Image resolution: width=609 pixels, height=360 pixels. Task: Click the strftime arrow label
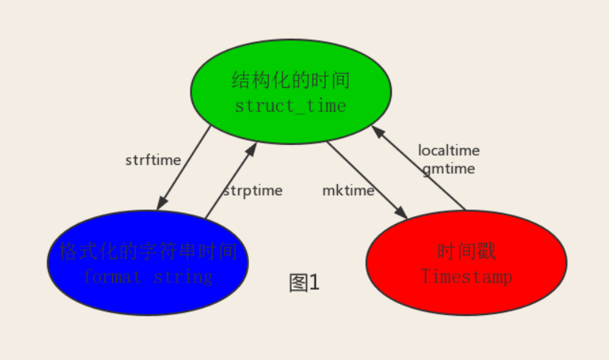pyautogui.click(x=153, y=160)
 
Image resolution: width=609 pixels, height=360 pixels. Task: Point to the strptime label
pyautogui.click(x=252, y=191)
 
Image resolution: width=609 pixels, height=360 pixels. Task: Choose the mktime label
pyautogui.click(x=349, y=191)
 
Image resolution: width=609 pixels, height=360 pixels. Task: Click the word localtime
pyautogui.click(x=449, y=150)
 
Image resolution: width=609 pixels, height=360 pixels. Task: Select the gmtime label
pyautogui.click(x=449, y=169)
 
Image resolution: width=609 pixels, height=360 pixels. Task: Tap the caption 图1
pyautogui.click(x=305, y=283)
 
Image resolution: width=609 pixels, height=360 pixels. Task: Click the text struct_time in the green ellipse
pyautogui.click(x=291, y=106)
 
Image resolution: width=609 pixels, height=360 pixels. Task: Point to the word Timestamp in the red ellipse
pyautogui.click(x=466, y=276)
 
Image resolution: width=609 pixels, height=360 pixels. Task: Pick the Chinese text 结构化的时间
pyautogui.click(x=291, y=81)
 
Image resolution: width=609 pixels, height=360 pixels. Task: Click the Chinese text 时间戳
pyautogui.click(x=466, y=252)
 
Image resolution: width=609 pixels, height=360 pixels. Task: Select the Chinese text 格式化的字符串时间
pyautogui.click(x=148, y=251)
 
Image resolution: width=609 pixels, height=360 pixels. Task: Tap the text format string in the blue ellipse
pyautogui.click(x=148, y=276)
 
